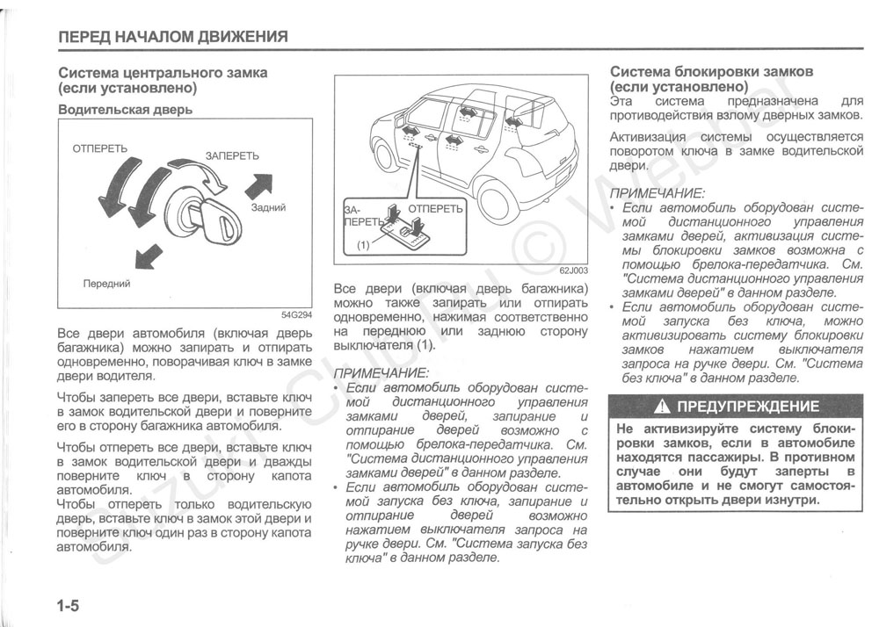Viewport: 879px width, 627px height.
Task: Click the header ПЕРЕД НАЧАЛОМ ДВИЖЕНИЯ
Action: click(172, 37)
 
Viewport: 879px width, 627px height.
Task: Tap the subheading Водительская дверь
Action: click(125, 110)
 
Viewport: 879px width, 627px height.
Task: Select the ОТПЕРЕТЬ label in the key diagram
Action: click(100, 148)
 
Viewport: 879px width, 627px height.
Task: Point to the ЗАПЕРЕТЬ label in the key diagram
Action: click(232, 155)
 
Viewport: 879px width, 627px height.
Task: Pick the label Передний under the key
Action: click(106, 284)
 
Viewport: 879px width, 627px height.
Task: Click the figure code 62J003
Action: click(573, 271)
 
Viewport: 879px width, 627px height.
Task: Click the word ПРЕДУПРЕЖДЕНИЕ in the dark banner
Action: click(749, 407)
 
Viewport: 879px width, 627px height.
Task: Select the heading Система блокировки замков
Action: click(712, 71)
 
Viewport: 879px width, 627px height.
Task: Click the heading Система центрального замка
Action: click(163, 73)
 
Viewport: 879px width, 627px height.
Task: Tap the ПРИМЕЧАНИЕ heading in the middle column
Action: click(383, 373)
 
